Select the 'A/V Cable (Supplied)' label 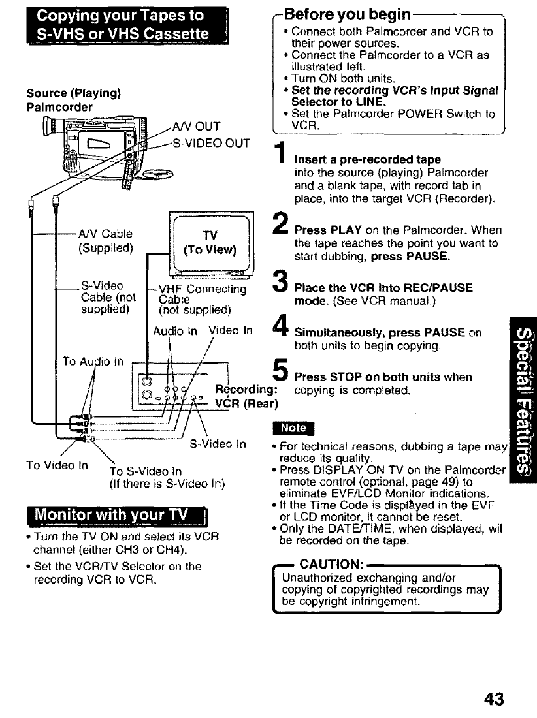pos(105,241)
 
